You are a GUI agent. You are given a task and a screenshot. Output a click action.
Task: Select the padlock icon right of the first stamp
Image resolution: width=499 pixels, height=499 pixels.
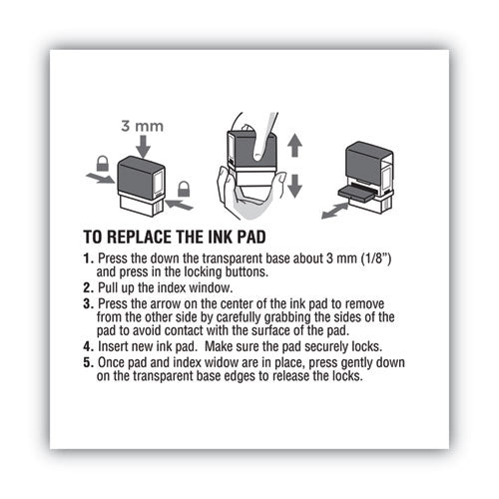click(184, 188)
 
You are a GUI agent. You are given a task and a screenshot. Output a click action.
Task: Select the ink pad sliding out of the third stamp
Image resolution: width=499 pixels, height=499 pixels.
click(360, 196)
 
